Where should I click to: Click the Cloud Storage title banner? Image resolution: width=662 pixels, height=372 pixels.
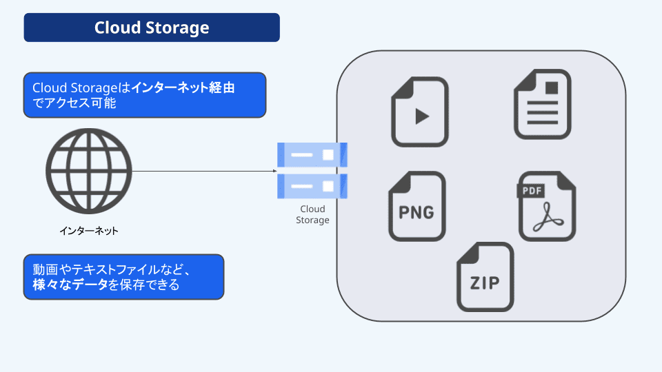click(152, 28)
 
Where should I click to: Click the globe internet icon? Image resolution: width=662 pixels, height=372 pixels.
click(88, 172)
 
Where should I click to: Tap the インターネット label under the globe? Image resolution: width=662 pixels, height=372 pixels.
click(88, 231)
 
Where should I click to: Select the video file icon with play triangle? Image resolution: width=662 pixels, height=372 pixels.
click(420, 112)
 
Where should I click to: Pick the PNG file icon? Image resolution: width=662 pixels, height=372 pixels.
click(417, 206)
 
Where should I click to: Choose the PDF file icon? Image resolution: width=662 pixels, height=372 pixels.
click(547, 206)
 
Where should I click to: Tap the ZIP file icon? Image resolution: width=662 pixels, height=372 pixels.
click(485, 277)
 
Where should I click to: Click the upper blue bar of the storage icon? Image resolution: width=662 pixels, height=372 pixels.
click(312, 154)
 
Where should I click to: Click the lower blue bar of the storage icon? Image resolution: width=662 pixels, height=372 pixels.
click(312, 186)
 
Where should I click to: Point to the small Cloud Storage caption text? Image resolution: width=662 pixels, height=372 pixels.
click(312, 214)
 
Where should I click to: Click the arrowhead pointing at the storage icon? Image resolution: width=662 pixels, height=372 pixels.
click(273, 171)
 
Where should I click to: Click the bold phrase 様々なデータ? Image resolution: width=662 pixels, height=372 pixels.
click(70, 285)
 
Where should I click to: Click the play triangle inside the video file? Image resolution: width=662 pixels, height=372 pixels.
click(421, 116)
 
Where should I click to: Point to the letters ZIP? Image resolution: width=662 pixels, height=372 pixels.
click(485, 282)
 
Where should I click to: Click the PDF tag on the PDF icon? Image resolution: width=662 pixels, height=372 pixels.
click(532, 191)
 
